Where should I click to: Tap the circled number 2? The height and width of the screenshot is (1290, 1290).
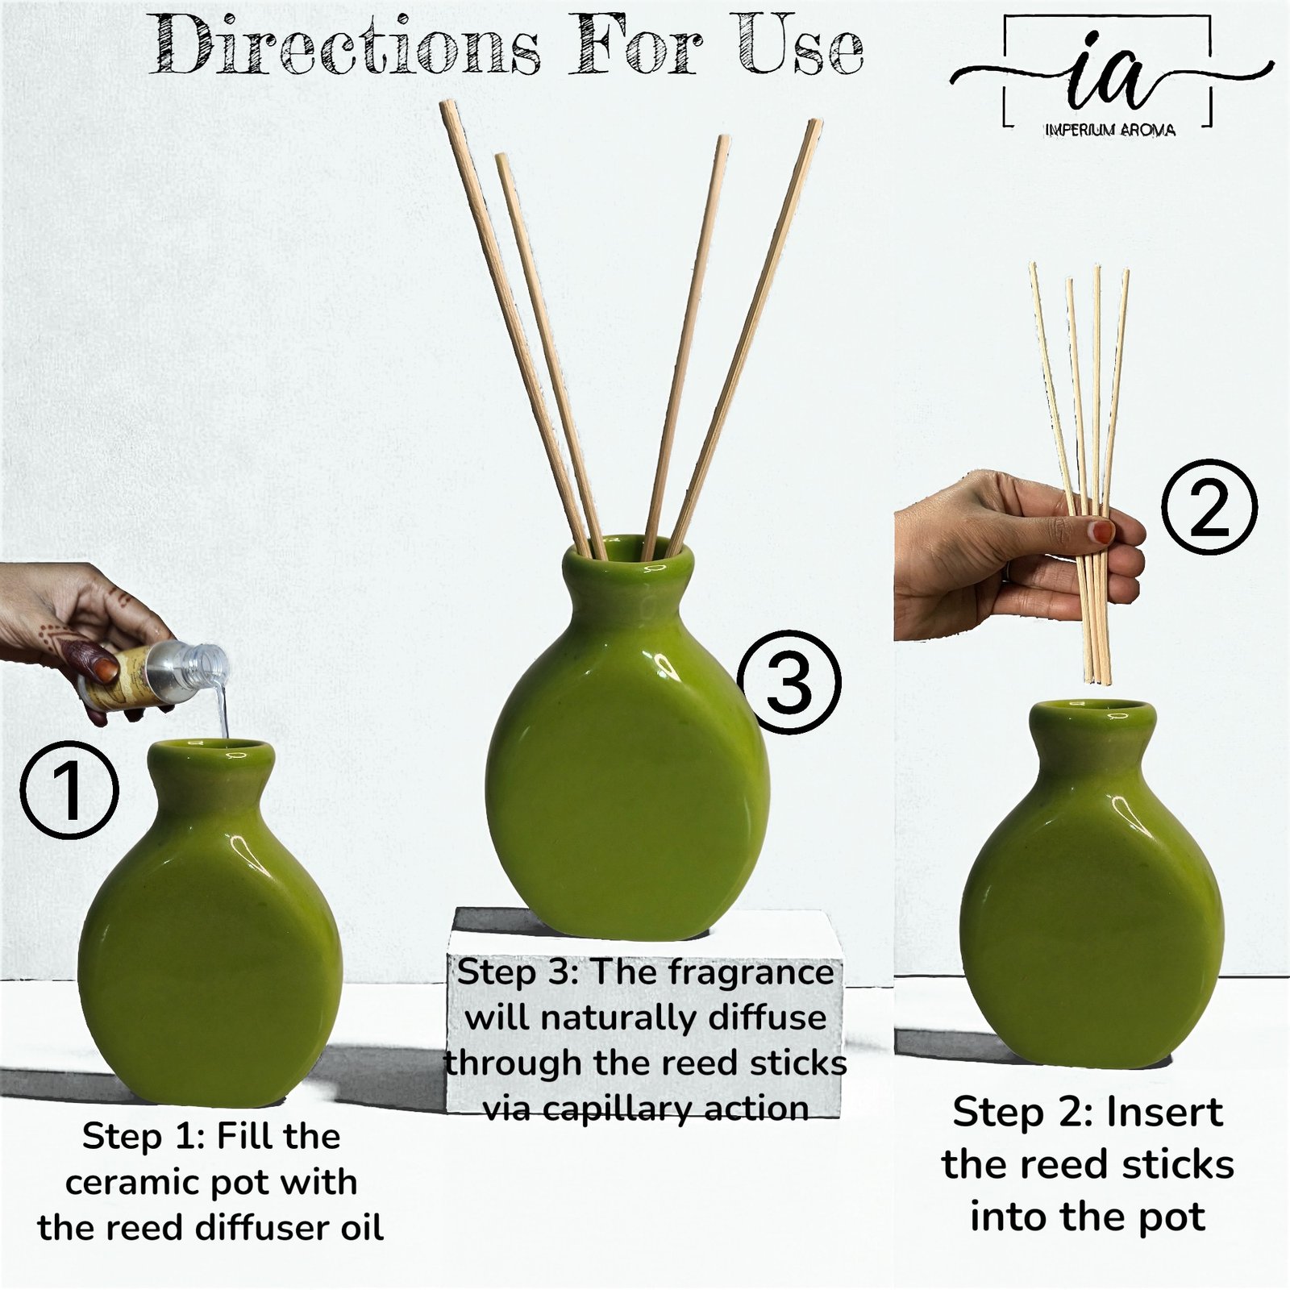pos(1209,507)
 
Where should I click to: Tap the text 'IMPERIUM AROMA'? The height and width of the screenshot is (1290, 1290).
pos(1109,129)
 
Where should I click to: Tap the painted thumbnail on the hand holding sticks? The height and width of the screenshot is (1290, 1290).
pos(1100,531)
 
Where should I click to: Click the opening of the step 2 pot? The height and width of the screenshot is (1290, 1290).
pos(1092,713)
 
